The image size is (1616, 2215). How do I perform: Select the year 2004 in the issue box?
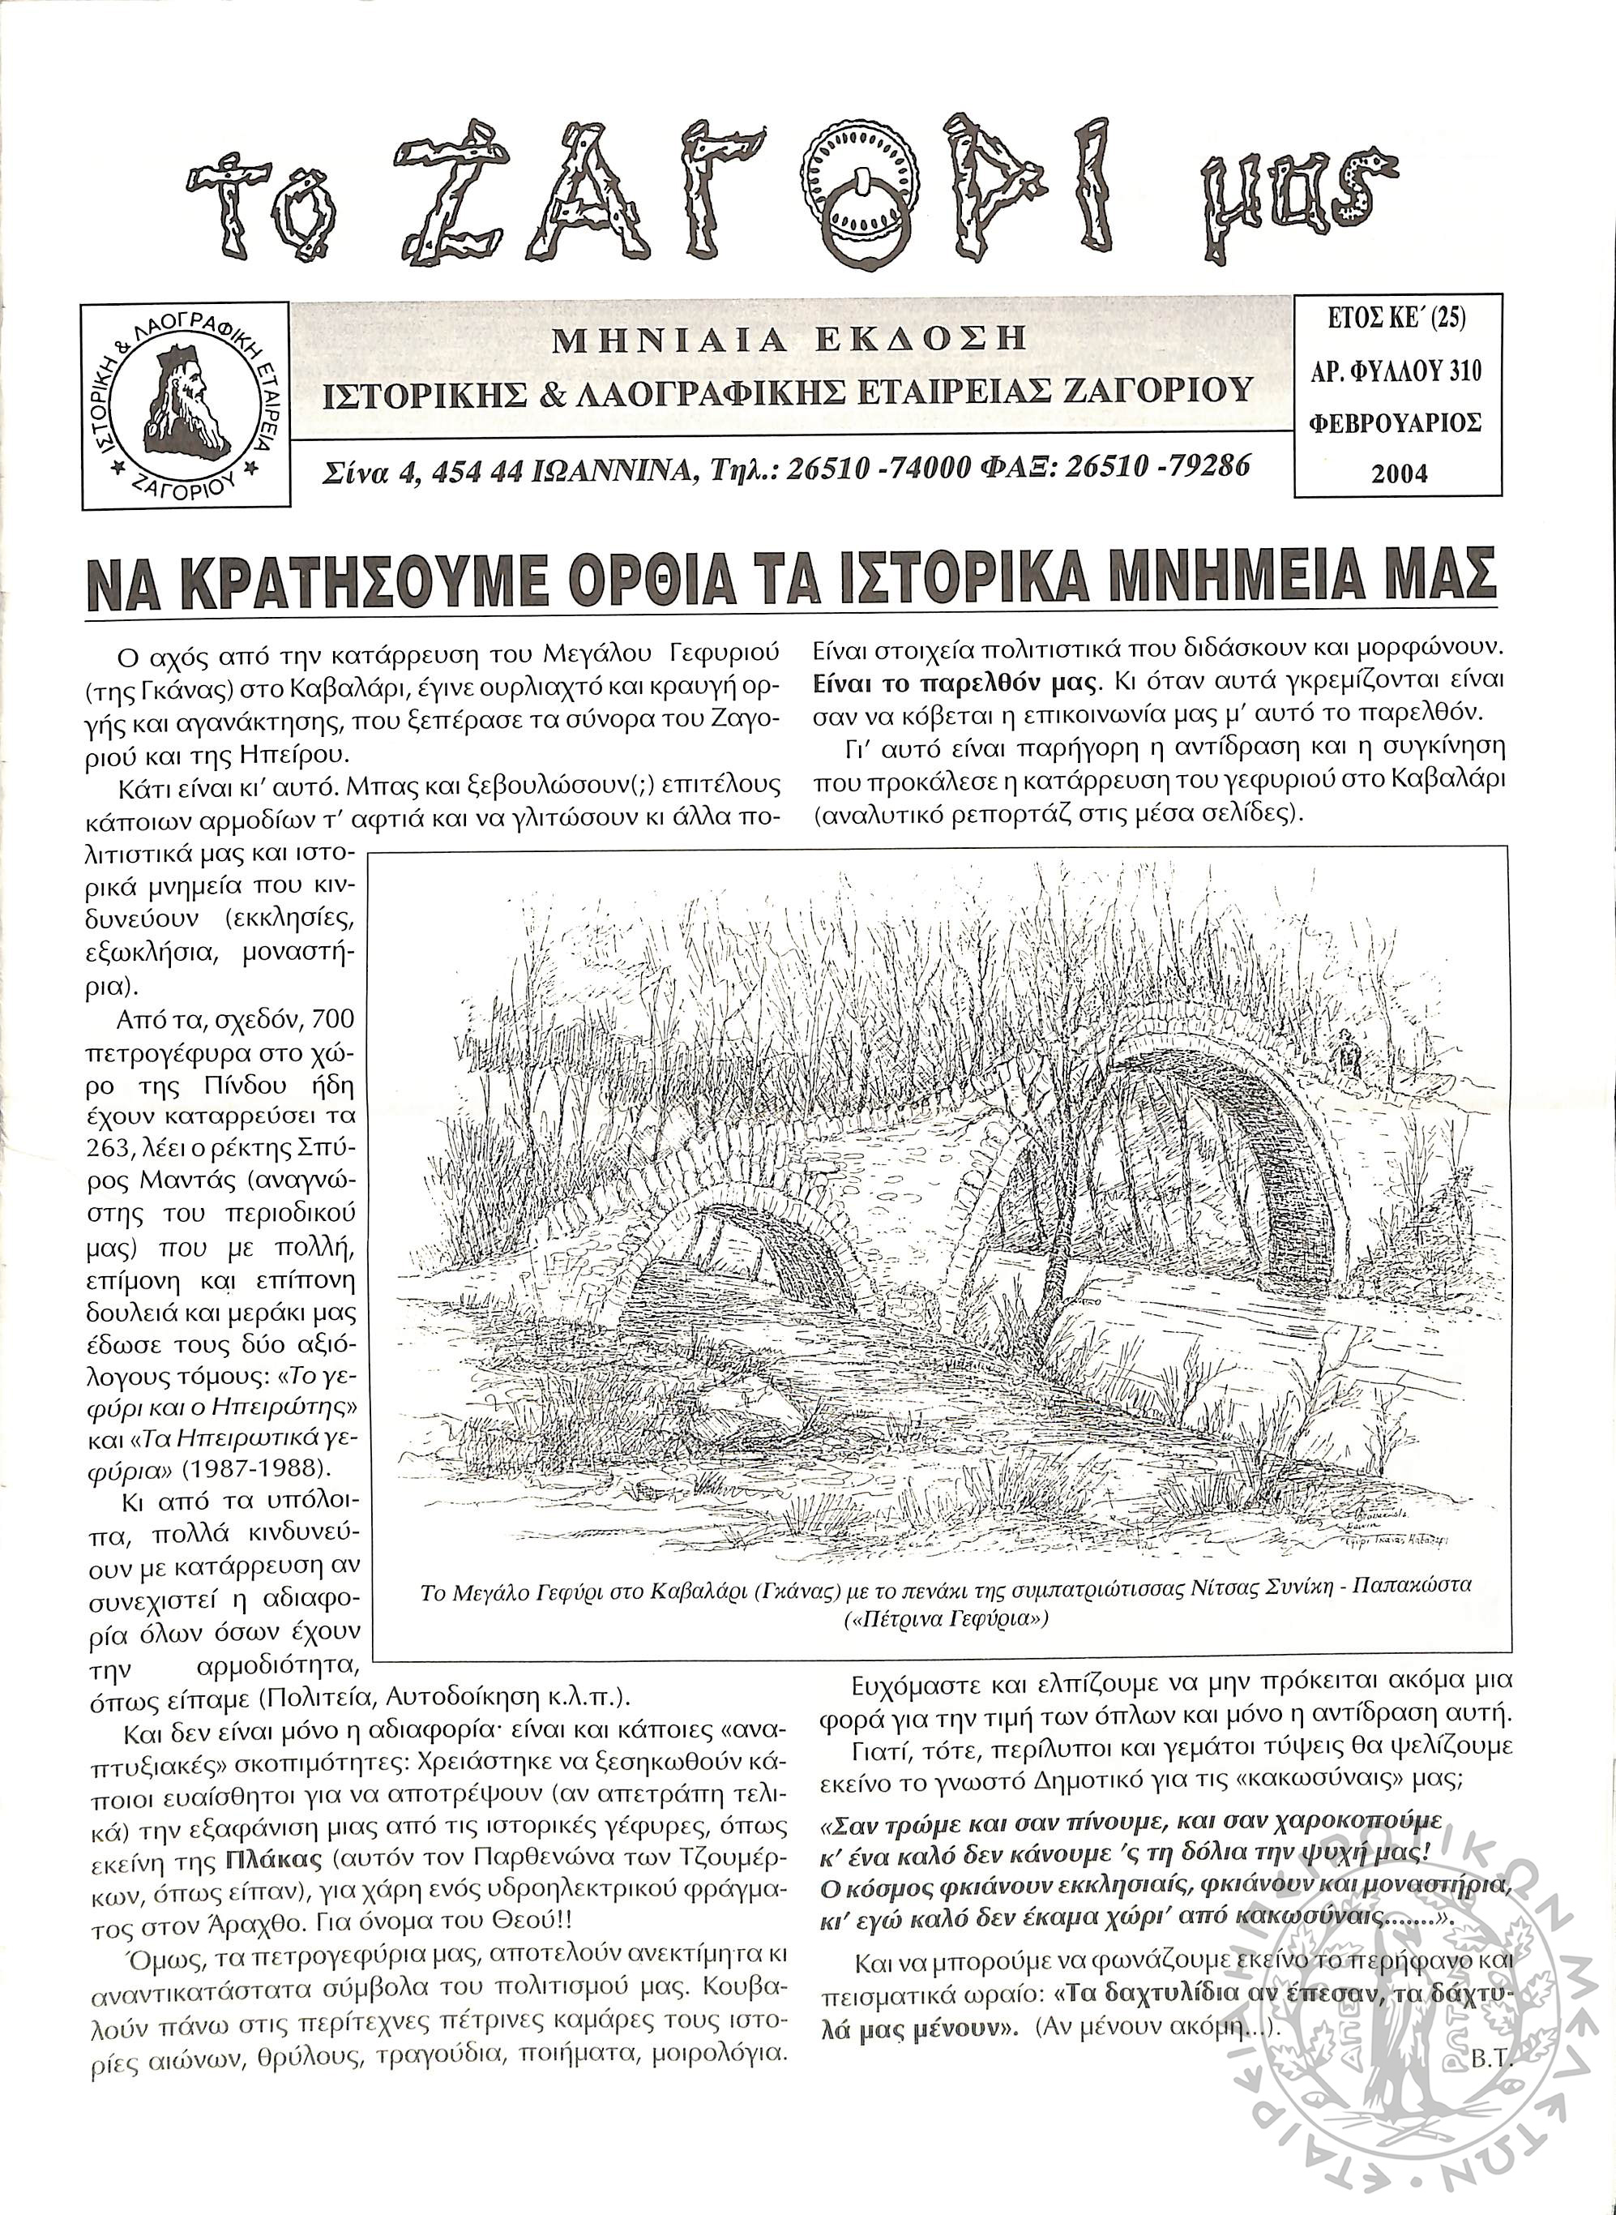pos(1400,474)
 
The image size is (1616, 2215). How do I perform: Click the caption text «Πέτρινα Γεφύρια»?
pos(945,1618)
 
